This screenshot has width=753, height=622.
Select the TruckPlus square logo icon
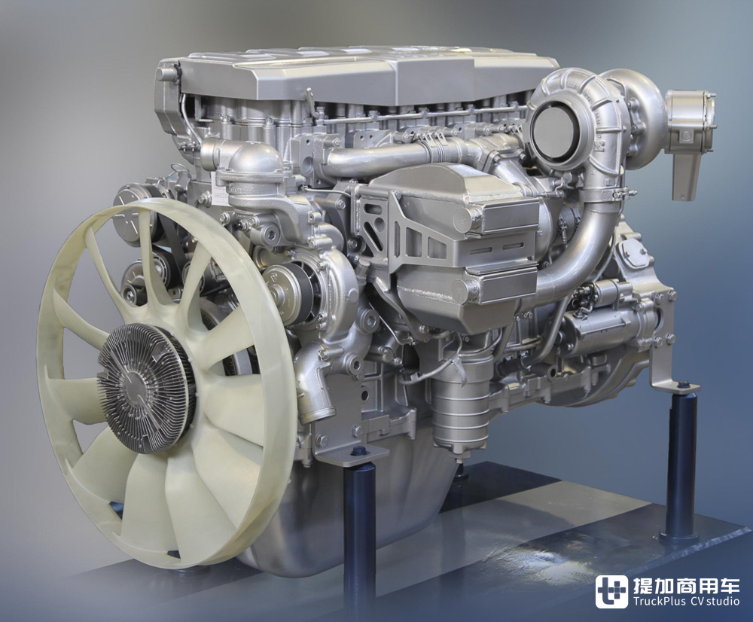click(611, 591)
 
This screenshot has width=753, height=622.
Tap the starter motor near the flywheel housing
click(609, 317)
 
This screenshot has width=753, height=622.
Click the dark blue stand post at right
click(681, 461)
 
